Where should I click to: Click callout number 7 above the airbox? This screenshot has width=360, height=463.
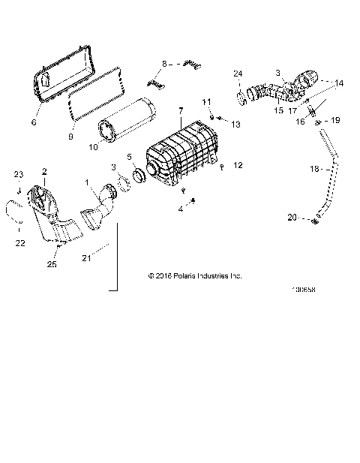180,111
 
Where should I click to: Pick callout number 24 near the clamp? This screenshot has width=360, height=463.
238,73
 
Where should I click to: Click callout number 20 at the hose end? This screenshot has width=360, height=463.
292,217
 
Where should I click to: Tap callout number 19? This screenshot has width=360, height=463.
335,120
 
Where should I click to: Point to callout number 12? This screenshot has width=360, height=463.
238,164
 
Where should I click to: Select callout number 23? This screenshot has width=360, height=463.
19,175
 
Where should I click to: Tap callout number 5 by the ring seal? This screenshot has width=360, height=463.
128,157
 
